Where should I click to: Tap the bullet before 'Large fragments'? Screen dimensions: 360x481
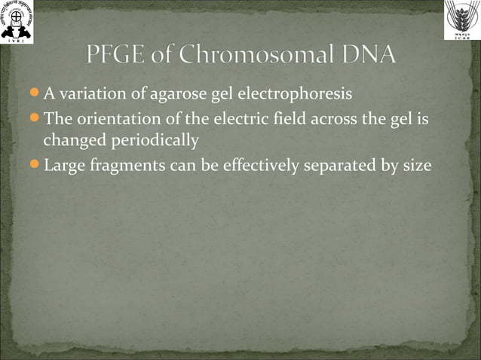pyautogui.click(x=35, y=164)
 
